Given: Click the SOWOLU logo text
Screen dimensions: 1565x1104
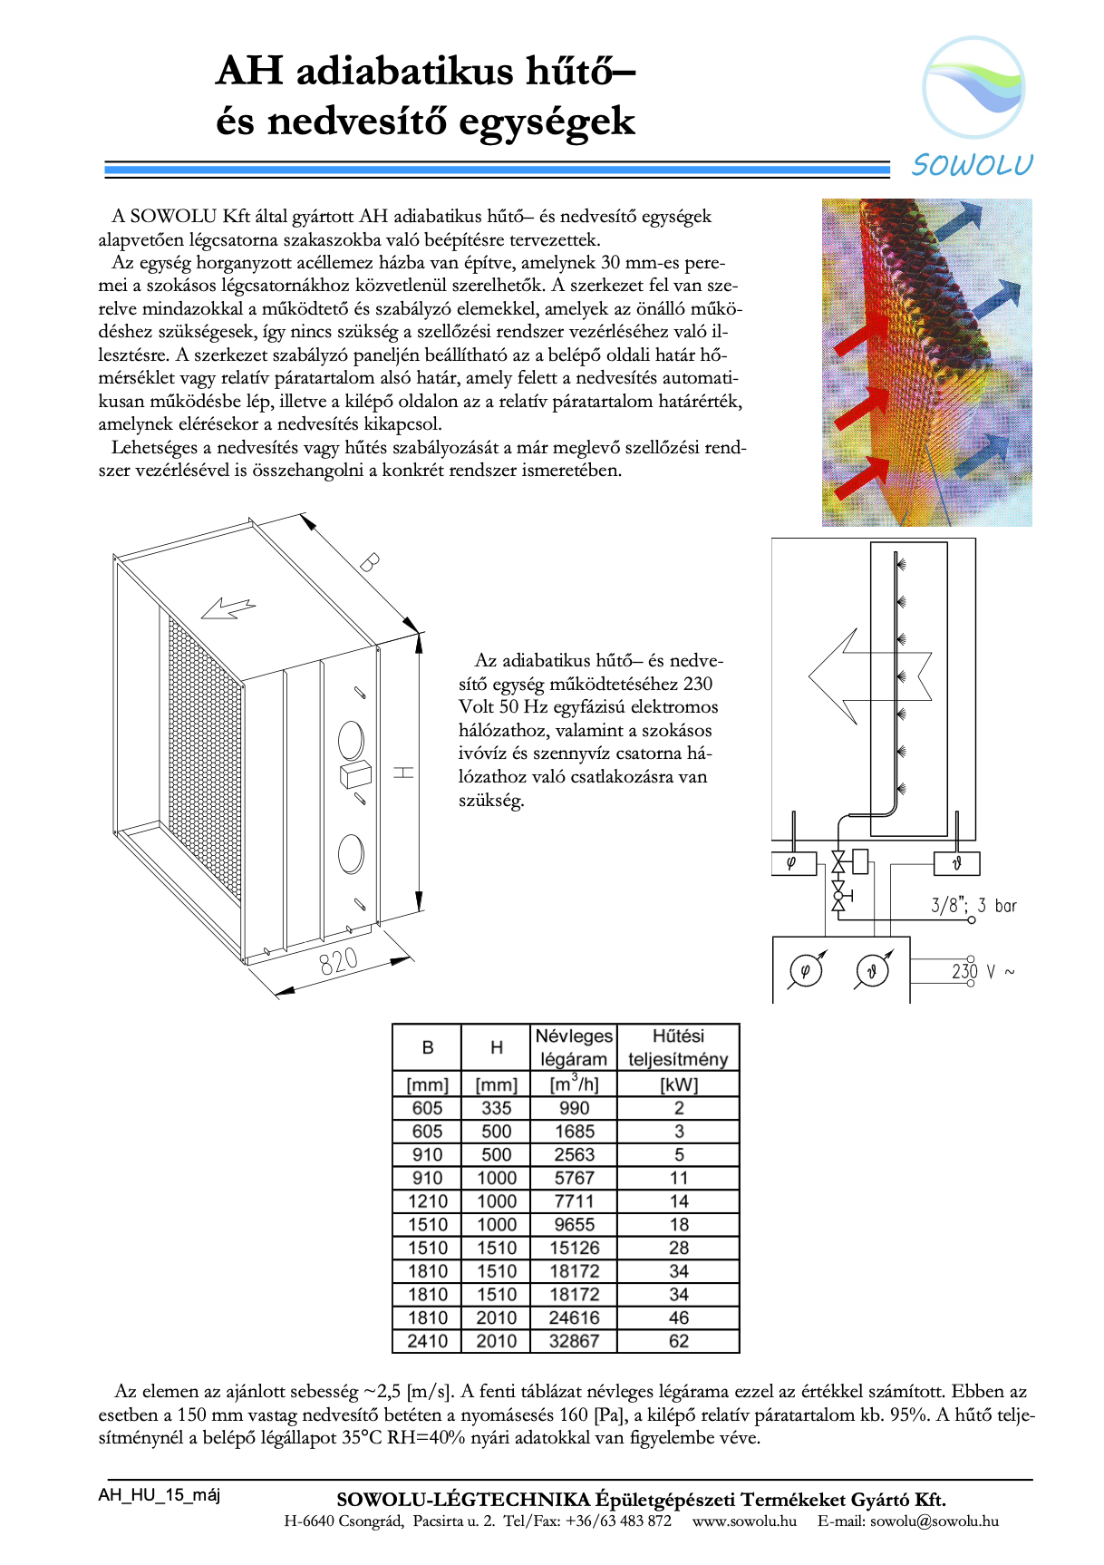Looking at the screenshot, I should click(972, 165).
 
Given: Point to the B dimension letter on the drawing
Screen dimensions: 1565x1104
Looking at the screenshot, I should click(368, 562).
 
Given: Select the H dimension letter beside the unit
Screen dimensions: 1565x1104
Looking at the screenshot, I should click(404, 772).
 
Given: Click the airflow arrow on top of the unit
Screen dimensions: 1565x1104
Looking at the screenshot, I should click(228, 608).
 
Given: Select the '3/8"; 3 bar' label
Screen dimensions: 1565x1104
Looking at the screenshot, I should click(973, 905).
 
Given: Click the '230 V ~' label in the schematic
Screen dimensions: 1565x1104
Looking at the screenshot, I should click(983, 972).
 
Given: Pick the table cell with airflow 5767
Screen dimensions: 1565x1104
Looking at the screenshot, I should click(574, 1178).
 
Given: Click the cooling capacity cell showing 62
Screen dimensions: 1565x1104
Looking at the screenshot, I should click(679, 1341).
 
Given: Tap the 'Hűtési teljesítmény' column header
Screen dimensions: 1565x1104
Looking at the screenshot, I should click(678, 1047).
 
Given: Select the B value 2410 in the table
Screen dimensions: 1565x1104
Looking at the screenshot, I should click(427, 1341).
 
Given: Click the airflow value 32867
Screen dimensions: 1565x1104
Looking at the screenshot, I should click(574, 1341).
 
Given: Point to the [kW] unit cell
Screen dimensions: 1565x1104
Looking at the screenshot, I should click(679, 1084).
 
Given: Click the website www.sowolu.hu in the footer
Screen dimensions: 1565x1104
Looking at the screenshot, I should click(744, 1521).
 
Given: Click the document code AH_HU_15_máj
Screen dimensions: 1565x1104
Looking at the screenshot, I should click(160, 1495).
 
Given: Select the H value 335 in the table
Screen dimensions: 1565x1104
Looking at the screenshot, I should click(497, 1108).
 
